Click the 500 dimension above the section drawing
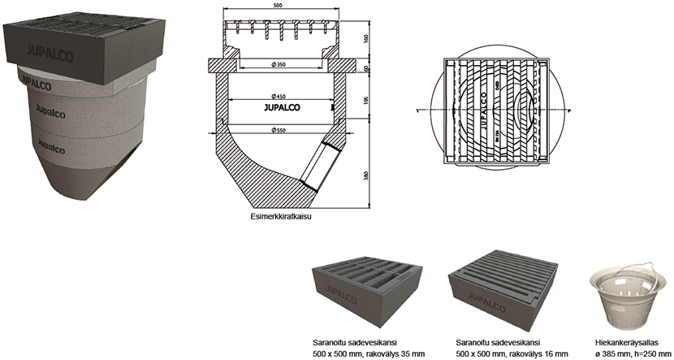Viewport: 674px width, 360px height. tap(278, 6)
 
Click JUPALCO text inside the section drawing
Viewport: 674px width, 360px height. tap(279, 106)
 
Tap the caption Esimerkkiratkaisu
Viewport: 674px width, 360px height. tap(283, 218)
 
